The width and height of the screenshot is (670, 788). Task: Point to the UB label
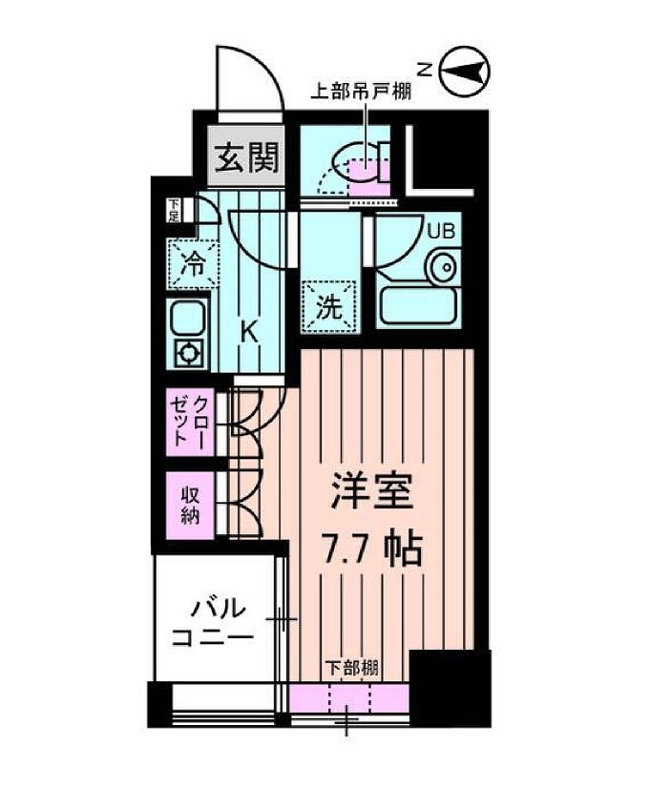pos(440,230)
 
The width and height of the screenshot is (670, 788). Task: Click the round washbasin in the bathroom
pos(442,268)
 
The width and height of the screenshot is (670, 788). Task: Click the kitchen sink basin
pos(186,316)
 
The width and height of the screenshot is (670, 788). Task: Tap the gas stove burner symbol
pos(186,352)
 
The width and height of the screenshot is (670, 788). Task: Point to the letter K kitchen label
pos(247,333)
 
